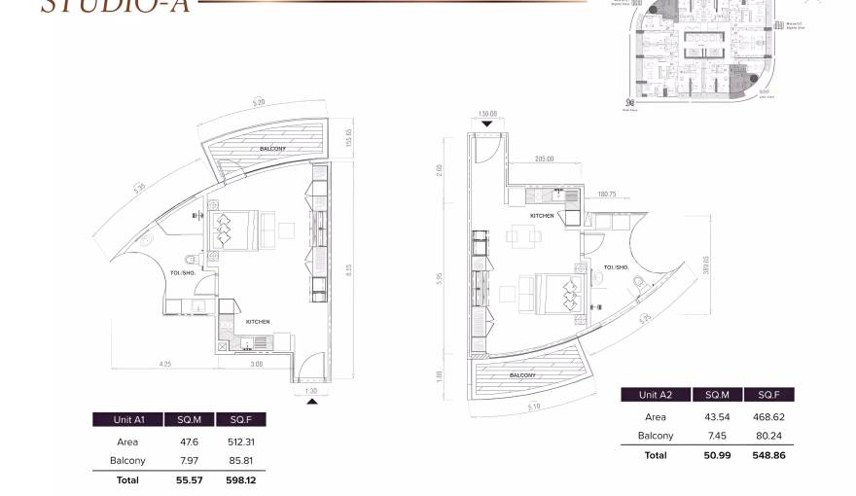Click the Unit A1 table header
point(128,419)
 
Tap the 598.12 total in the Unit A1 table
point(241,479)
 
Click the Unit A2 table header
point(656,395)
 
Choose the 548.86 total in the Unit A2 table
point(768,454)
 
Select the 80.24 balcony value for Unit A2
point(768,436)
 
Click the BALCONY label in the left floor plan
point(271,149)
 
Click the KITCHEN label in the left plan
point(258,321)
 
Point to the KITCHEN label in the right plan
point(542,215)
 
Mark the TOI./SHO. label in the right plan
point(617,266)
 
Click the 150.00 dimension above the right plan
point(487,114)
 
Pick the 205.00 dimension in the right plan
point(544,159)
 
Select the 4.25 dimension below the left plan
point(165,364)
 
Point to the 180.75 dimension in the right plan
point(608,194)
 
